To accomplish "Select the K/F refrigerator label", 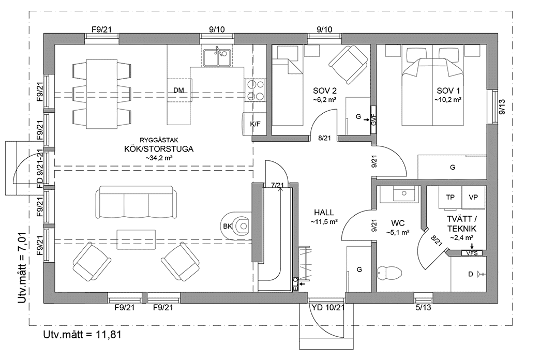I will (255, 124).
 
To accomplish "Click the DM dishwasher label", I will (178, 91).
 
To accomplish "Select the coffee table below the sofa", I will (136, 239).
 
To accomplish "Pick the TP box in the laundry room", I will (450, 198).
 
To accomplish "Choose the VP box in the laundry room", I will (473, 198).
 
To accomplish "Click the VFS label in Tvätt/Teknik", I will (472, 253).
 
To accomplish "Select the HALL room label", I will (324, 213).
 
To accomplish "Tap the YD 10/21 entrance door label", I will (328, 307).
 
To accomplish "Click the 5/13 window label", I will (423, 308).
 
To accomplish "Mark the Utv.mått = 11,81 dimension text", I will (82, 334).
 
